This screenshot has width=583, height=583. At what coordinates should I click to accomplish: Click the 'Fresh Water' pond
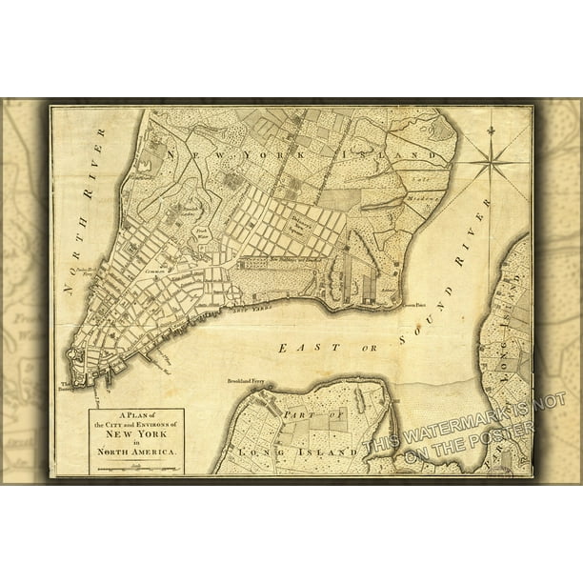tap(201, 231)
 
